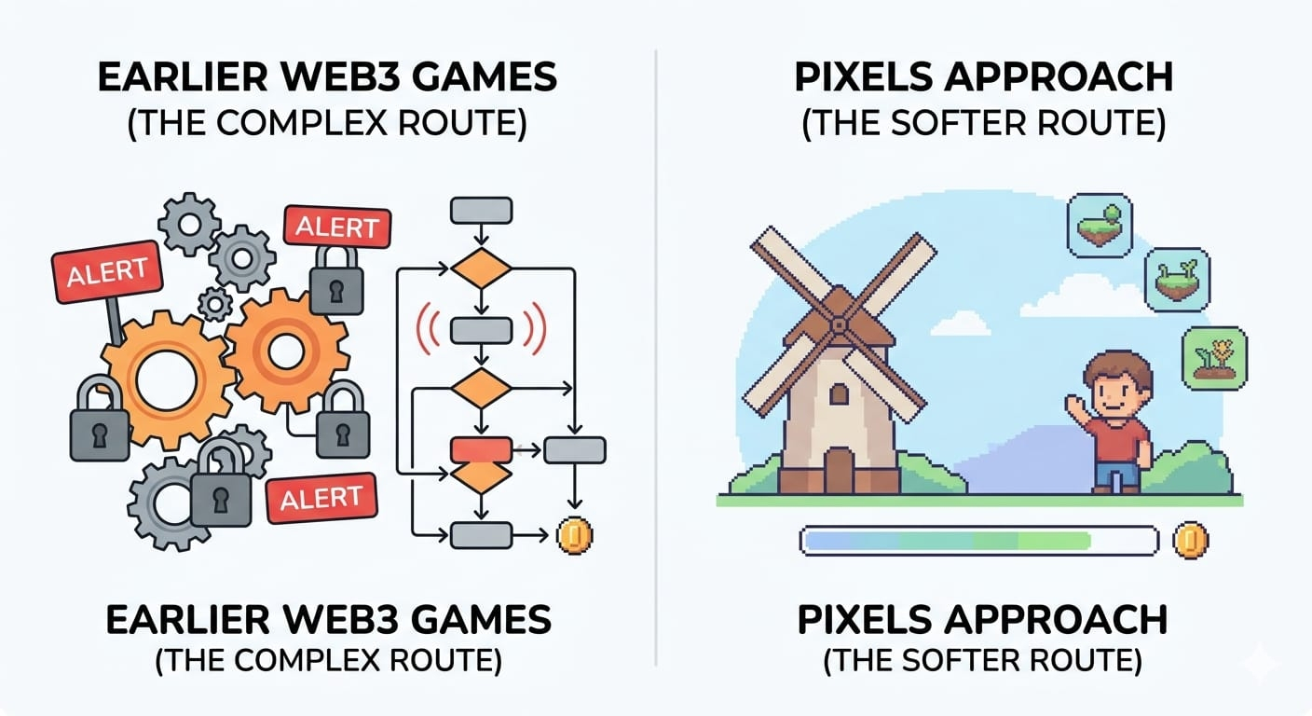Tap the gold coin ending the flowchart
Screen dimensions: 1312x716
point(574,536)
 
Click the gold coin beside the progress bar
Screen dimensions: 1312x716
point(1190,541)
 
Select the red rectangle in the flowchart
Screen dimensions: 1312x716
point(481,448)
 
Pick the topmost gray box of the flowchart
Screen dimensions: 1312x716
point(481,210)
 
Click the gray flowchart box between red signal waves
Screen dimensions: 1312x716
point(481,330)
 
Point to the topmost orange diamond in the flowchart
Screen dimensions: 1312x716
point(481,269)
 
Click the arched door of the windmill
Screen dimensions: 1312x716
point(839,470)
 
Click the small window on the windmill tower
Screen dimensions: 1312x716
point(839,394)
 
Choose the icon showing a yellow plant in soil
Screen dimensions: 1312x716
point(1213,359)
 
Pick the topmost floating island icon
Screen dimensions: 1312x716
point(1100,227)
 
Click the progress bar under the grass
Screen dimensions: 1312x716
point(978,541)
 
